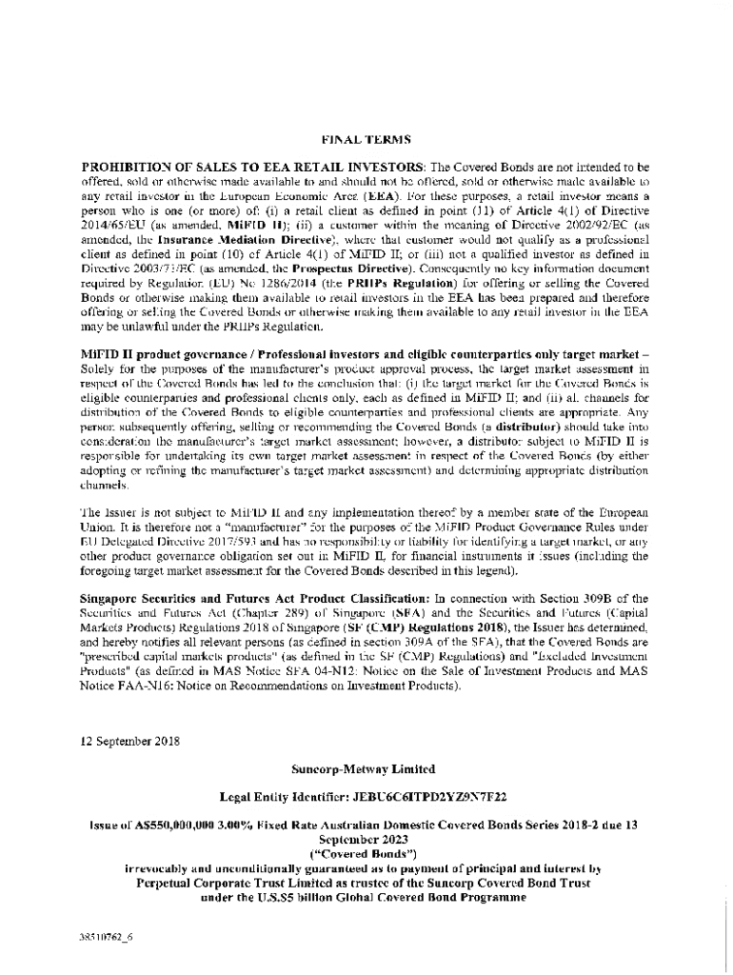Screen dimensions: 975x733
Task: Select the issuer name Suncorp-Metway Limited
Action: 366,768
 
